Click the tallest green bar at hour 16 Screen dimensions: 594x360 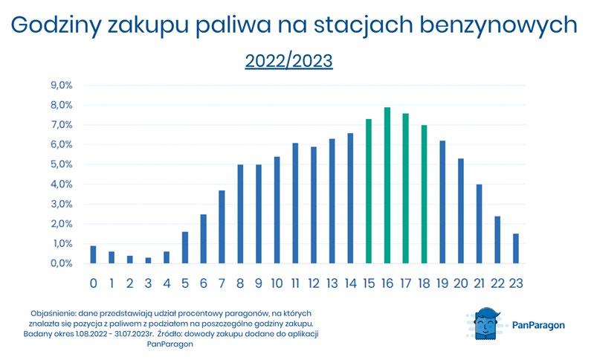click(387, 185)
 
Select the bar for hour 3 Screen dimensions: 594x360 click(148, 260)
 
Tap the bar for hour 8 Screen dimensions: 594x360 click(240, 213)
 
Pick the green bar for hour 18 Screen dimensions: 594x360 click(424, 194)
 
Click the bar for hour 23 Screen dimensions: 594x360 click(516, 248)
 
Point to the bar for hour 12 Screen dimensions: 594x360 click(314, 205)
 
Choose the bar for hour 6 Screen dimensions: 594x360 click(204, 239)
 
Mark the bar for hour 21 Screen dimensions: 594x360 click(480, 224)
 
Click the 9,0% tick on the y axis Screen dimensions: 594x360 click(62, 86)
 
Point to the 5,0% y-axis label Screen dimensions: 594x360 click(62, 164)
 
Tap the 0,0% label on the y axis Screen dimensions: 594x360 click(62, 263)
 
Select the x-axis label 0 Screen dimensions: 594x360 click(93, 283)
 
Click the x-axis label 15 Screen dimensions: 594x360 click(369, 283)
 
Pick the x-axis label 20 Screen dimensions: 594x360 click(461, 283)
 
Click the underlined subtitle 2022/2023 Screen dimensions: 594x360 click(288, 61)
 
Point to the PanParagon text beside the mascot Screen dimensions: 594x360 click(538, 325)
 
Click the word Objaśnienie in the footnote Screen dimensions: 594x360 click(54, 314)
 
